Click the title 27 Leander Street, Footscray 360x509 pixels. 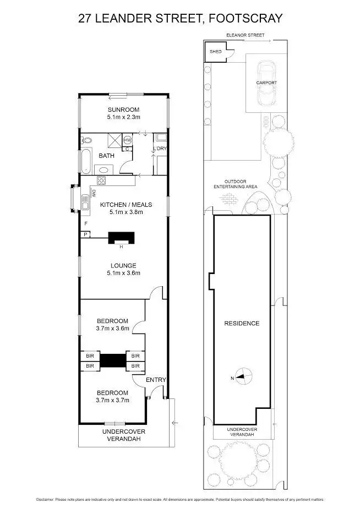[180, 18]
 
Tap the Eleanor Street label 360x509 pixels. [246, 35]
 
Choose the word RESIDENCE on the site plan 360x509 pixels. [242, 323]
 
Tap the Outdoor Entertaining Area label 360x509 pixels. [236, 184]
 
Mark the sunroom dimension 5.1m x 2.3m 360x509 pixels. [123, 117]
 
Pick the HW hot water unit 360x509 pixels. [127, 140]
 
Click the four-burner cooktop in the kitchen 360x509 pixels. [102, 180]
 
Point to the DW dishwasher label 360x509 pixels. [94, 193]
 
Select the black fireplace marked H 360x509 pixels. [120, 238]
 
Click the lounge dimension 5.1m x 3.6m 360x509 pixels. [123, 273]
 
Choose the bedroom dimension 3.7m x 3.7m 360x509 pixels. [112, 401]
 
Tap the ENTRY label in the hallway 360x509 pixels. [156, 380]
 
